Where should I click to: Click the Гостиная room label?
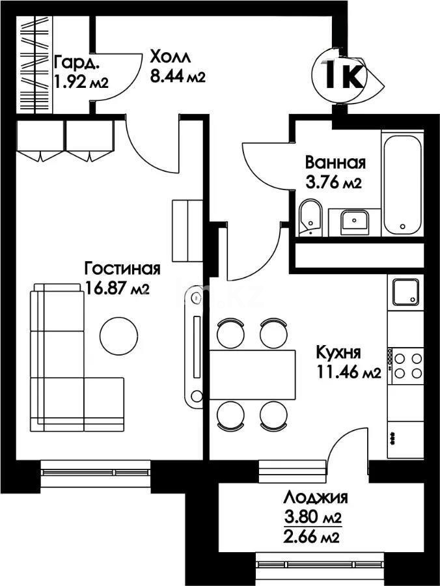coord(122,270)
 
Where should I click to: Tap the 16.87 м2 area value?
coord(117,288)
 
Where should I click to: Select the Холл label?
coord(171,57)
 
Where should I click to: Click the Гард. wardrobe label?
coord(77,63)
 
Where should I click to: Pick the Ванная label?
coord(335,163)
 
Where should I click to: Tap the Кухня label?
coord(338,352)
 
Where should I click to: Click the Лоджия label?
coord(316,498)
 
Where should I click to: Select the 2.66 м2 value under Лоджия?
coord(312,537)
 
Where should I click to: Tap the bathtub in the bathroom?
coord(402,183)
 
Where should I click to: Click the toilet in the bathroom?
coord(310,219)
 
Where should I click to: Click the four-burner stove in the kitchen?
coord(406,366)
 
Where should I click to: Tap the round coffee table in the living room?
coord(118,335)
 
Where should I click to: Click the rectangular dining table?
coord(253,374)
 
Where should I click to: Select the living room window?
coord(96,473)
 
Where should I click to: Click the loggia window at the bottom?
coord(321,565)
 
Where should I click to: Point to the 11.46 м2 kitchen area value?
coord(349,372)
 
